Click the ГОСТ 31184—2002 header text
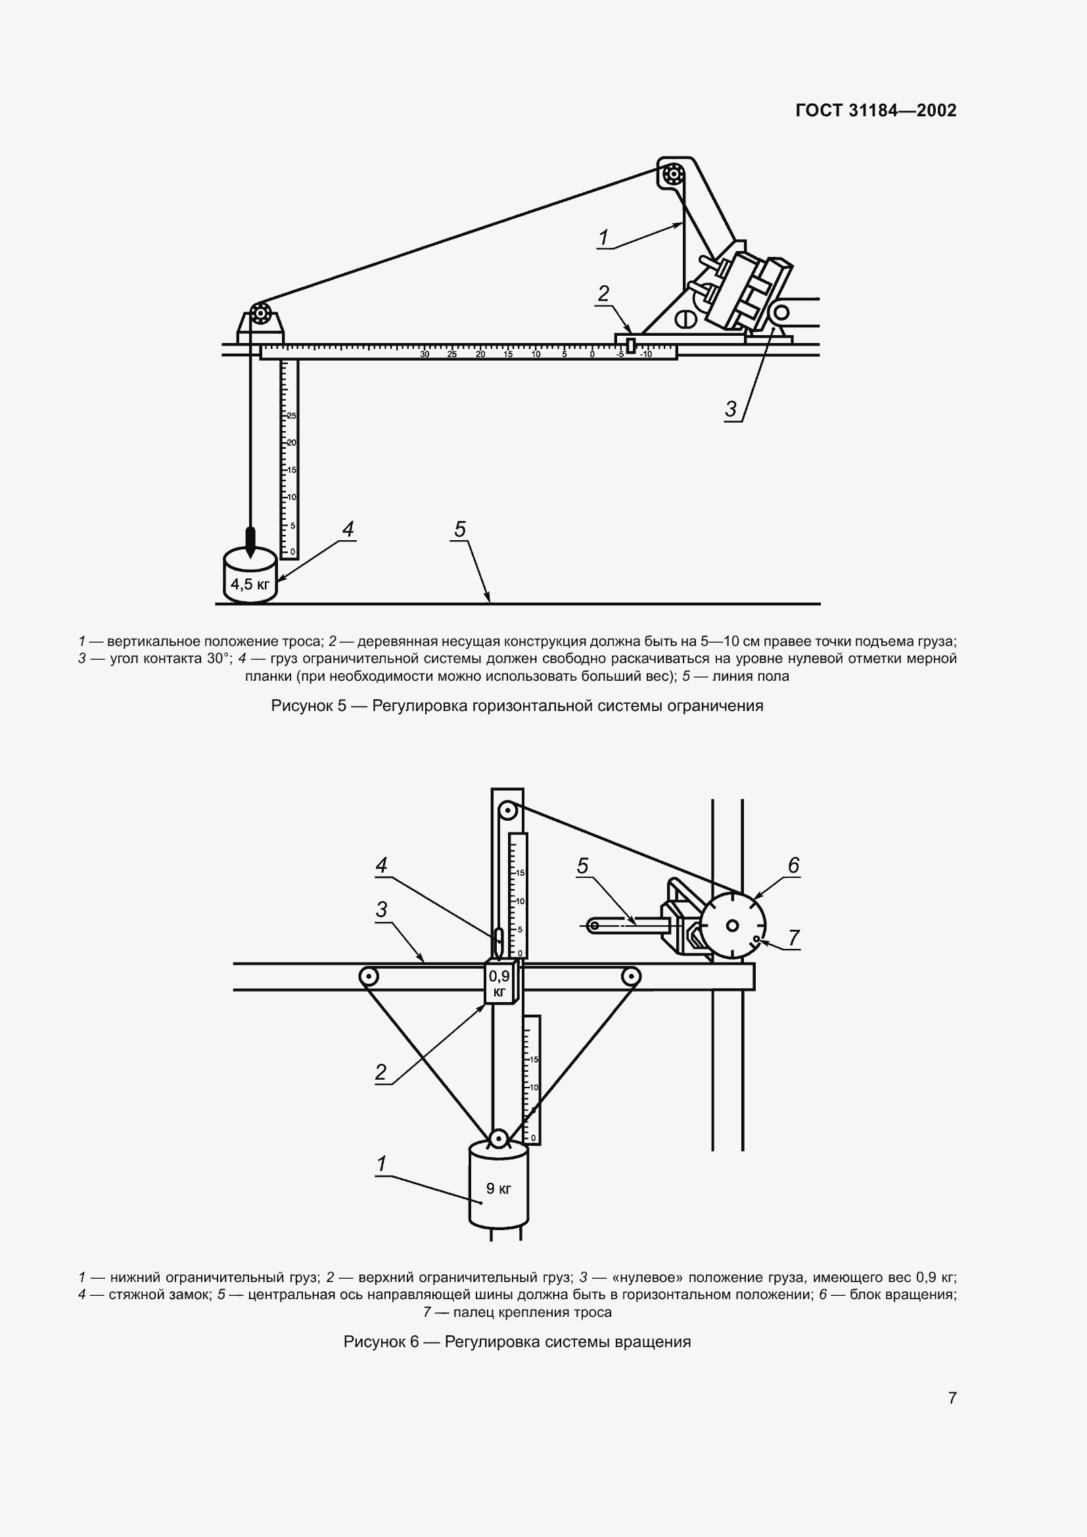tap(875, 110)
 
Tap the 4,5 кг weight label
tap(250, 584)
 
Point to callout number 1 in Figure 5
tap(603, 238)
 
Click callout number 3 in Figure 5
tap(731, 408)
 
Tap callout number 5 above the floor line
tap(460, 530)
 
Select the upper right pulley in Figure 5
tap(672, 176)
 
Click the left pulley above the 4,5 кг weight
tap(260, 313)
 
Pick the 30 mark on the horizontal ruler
tap(425, 354)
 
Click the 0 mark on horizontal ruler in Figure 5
tap(591, 354)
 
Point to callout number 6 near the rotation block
tap(793, 865)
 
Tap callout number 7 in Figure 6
tap(794, 938)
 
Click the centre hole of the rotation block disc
tap(732, 926)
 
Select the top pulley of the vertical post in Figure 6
tap(507, 813)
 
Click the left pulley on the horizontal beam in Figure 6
tap(367, 976)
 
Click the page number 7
tap(952, 1398)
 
